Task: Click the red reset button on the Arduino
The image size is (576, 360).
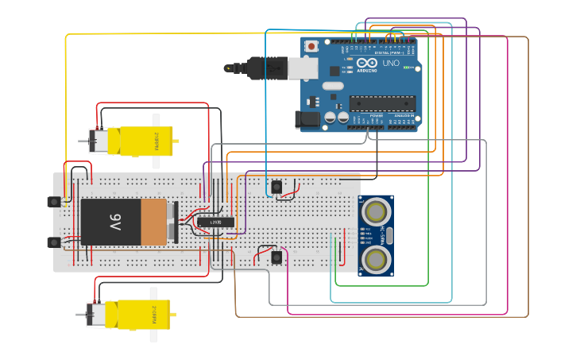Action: (311, 47)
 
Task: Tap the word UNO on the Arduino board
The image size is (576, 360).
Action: (391, 64)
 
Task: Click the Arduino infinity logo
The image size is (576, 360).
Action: (368, 64)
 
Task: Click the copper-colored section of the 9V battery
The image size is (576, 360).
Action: (153, 222)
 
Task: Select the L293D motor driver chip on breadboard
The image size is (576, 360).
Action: (215, 223)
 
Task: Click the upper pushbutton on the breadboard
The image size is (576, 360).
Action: (276, 187)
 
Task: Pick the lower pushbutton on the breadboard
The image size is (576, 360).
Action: (276, 257)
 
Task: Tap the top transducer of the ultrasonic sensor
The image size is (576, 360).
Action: (376, 211)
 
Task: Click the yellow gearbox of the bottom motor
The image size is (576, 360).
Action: (140, 314)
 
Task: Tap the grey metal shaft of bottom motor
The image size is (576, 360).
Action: (81, 315)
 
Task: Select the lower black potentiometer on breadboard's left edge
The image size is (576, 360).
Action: (54, 242)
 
